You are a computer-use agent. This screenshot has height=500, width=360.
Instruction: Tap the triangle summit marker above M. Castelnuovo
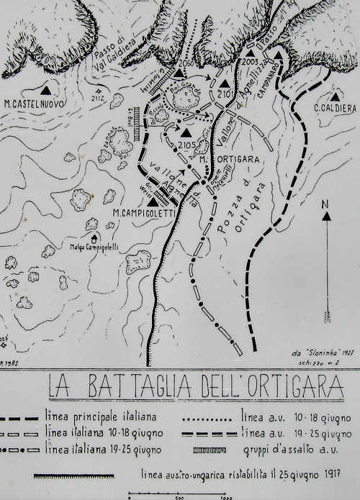point(46,91)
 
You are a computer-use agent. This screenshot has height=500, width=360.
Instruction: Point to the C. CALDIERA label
point(335,108)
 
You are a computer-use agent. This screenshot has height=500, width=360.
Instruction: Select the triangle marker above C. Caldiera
point(335,96)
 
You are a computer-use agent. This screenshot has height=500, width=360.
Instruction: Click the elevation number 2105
point(186,147)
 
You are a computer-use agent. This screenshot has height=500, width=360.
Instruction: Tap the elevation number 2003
point(251,63)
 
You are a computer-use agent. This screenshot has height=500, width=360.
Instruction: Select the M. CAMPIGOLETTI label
point(145,213)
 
